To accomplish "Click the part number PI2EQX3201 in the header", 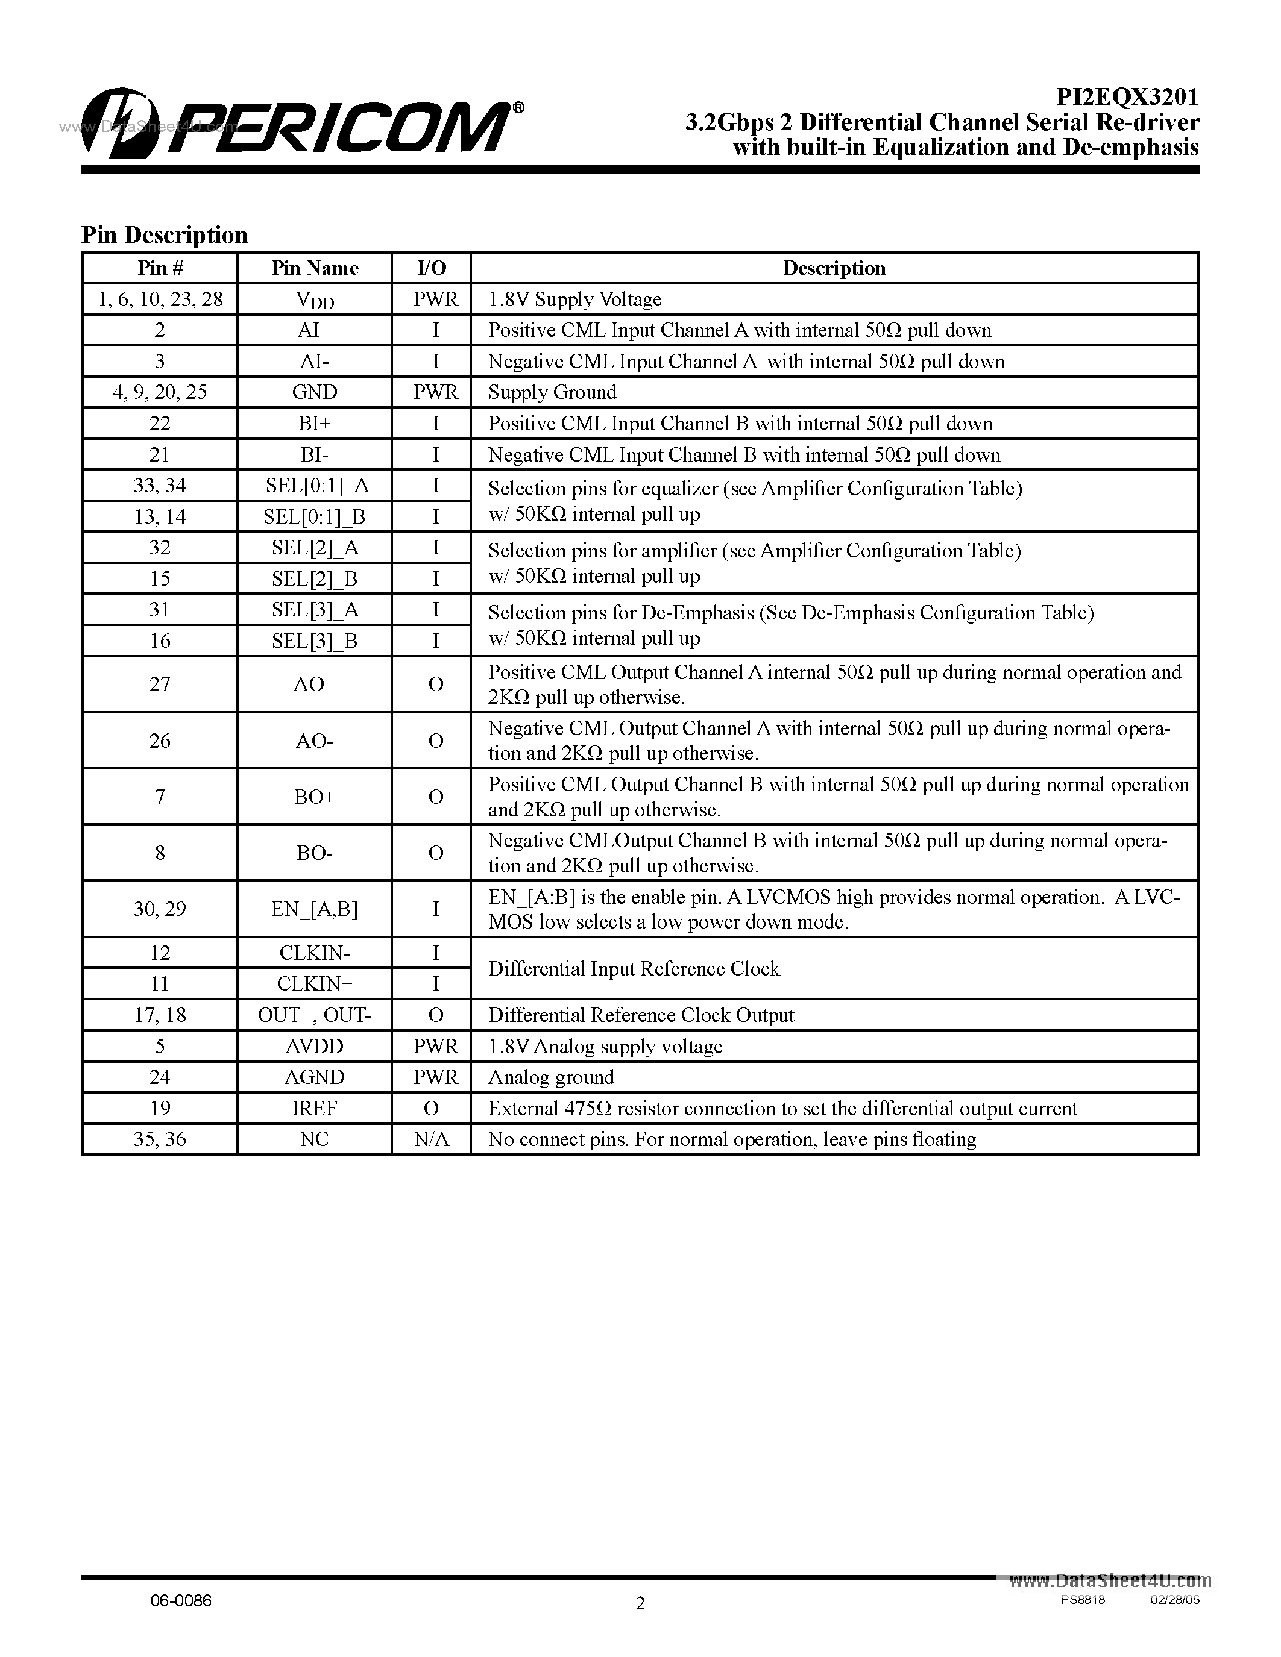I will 1128,97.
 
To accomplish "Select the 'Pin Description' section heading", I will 165,235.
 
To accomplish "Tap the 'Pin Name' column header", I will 315,268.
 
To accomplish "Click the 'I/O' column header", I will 432,268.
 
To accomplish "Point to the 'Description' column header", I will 834,268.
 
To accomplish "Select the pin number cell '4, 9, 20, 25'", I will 160,392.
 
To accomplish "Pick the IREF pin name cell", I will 315,1109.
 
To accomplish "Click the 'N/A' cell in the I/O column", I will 432,1139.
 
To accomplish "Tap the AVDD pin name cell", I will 315,1046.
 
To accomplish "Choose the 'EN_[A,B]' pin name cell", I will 315,909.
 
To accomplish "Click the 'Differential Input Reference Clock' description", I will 634,969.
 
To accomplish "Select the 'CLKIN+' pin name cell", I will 315,984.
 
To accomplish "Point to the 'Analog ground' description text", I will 551,1077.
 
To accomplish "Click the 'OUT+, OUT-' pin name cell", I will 315,1015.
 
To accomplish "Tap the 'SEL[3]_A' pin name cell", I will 315,610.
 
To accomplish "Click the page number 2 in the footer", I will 640,1603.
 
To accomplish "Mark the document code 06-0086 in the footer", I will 181,1600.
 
